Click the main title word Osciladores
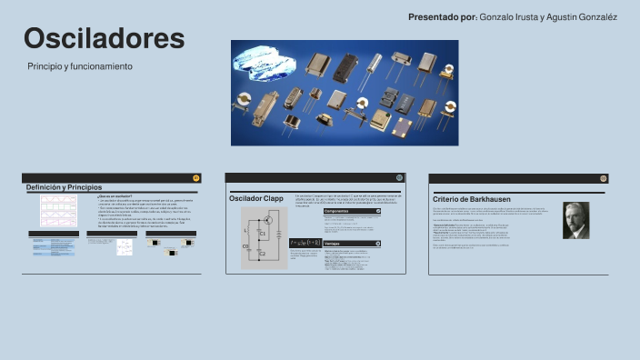[x=105, y=38]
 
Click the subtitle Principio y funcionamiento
[x=80, y=66]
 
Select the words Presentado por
[x=442, y=17]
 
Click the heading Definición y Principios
[x=64, y=187]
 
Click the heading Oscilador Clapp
[x=256, y=198]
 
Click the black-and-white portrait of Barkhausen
[x=575, y=220]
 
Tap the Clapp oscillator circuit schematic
[x=264, y=237]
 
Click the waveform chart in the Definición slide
[x=58, y=211]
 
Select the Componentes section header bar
[x=352, y=211]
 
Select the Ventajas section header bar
[x=352, y=244]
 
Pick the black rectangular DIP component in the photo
[x=346, y=65]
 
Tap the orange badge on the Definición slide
[x=196, y=177]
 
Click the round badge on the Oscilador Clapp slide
[x=399, y=177]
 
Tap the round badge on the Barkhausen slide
[x=603, y=178]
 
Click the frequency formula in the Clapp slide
[x=305, y=243]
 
